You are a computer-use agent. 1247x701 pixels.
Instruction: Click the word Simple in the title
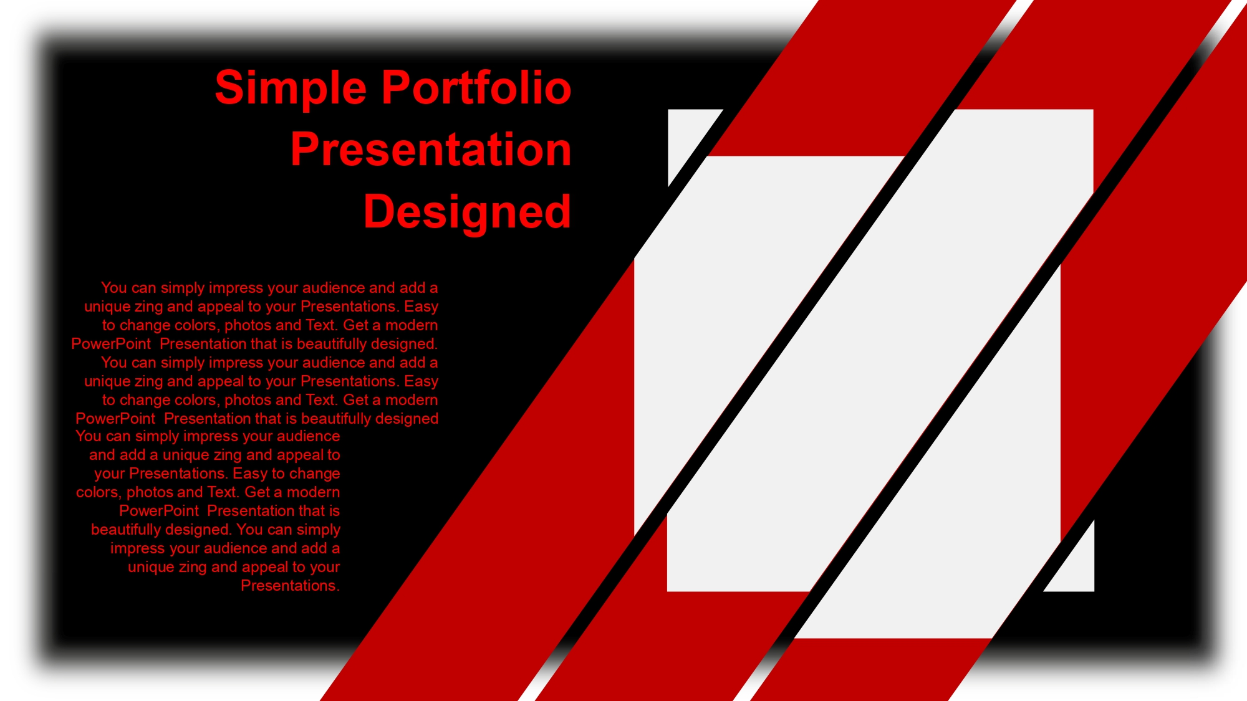tap(291, 88)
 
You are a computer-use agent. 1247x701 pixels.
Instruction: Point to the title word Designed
tap(467, 212)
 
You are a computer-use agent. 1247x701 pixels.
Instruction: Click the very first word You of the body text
tap(114, 288)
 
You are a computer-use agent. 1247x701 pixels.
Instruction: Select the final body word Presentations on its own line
tap(290, 586)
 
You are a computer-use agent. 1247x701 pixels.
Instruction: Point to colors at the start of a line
tap(99, 493)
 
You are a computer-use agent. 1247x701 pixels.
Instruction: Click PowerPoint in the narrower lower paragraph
tap(159, 511)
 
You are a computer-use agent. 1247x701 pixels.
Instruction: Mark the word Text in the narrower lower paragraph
tap(223, 492)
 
